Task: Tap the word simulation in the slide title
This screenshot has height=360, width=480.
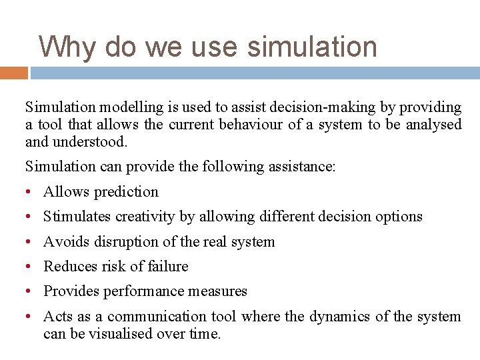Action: click(312, 47)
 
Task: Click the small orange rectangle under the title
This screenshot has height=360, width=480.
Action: click(13, 73)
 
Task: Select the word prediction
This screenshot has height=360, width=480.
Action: click(126, 192)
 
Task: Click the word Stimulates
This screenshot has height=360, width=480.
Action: click(77, 217)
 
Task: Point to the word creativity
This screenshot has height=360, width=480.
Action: click(146, 217)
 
